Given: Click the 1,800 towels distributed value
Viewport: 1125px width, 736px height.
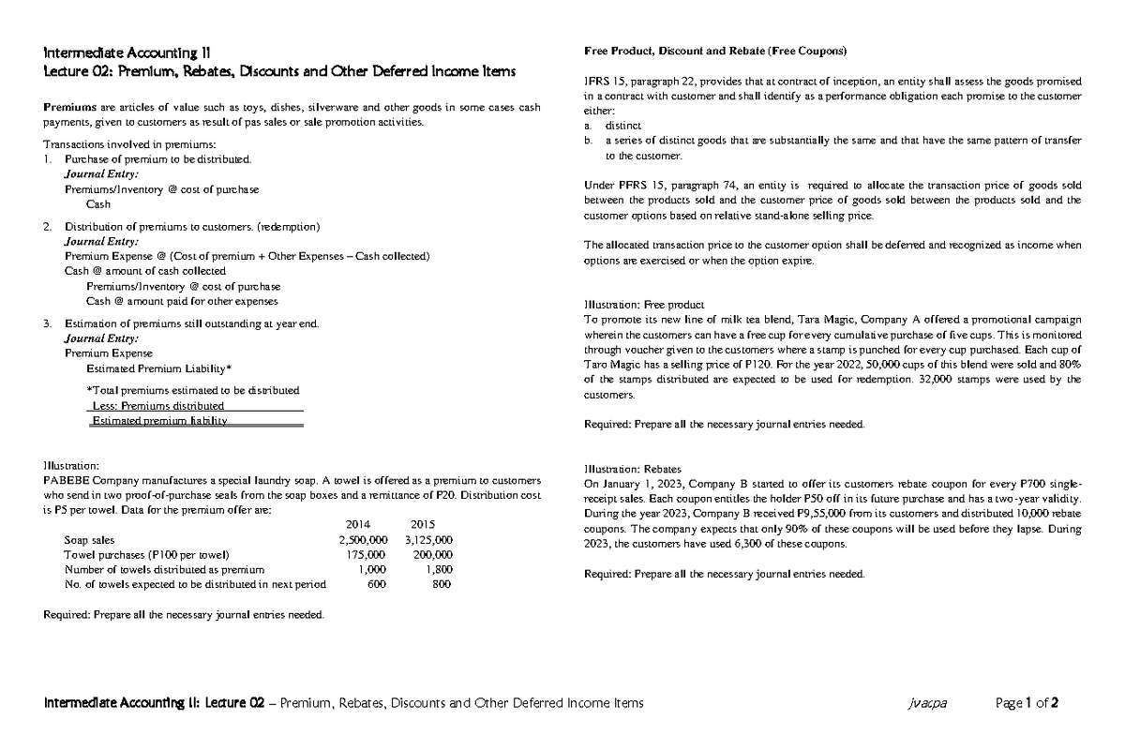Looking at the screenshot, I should click(438, 569).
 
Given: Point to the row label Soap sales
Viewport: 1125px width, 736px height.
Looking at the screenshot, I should click(89, 540).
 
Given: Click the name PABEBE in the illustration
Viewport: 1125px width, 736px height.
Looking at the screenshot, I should click(67, 478).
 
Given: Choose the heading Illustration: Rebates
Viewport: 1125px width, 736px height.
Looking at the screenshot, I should click(632, 468).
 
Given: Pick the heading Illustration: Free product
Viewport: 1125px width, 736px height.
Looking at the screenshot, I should click(643, 304).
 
